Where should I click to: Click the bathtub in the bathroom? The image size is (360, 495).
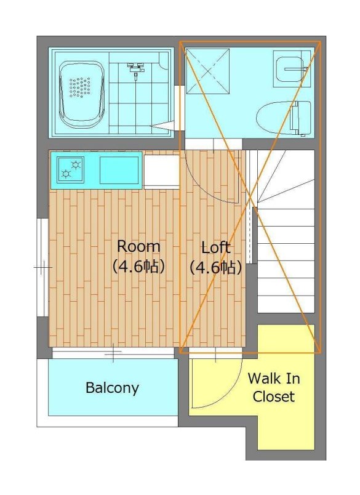coord(82,94)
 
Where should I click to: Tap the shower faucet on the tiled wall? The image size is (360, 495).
coord(136,68)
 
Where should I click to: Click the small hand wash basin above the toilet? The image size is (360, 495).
coord(290,69)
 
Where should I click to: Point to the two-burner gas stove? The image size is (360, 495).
coord(71,169)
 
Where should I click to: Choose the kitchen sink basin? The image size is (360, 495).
coord(119,170)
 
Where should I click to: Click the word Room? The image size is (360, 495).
coord(138,246)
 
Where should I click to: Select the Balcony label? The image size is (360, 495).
coord(112,388)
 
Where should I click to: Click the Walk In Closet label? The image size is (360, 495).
coord(274,387)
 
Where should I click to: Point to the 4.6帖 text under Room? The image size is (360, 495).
coord(138,267)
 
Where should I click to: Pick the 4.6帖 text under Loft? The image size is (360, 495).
coord(215,267)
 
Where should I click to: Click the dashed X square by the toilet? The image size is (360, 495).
coord(207,71)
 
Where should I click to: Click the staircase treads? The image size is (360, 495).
coord(286,231)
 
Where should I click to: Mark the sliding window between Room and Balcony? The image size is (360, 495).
coord(113,353)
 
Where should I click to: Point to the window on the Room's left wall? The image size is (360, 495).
coord(42,267)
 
